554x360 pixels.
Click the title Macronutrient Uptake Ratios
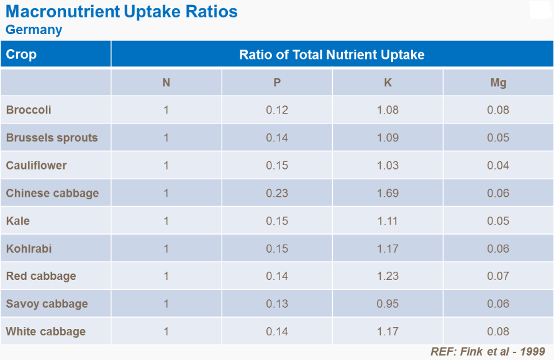121,12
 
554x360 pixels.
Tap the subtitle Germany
34,30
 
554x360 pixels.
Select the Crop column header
21,55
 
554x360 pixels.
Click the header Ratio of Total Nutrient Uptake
332,55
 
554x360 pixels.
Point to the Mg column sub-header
498,83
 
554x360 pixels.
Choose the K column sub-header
388,83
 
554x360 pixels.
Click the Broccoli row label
29,110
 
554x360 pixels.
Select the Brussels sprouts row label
52,138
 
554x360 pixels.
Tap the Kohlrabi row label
29,248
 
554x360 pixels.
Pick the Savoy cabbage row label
47,304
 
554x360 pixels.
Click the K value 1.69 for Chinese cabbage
388,193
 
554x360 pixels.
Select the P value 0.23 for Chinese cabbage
277,193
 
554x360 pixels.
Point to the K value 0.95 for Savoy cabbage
388,304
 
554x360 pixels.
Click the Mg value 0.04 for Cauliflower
498,165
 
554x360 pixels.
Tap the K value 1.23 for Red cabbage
388,276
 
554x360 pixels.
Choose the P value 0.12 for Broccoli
277,110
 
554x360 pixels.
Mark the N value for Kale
166,221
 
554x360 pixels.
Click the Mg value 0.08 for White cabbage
498,331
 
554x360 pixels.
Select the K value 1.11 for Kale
388,221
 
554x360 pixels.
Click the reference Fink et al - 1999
488,351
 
